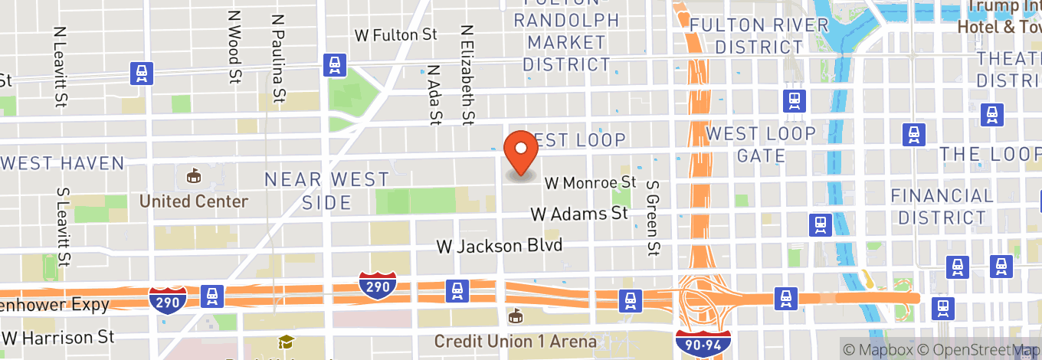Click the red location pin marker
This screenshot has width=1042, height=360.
(522, 153)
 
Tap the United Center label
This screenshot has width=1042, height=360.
(193, 201)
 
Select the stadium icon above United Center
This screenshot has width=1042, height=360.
(193, 176)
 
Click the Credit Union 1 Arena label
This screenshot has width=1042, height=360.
(516, 340)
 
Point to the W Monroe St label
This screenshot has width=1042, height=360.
(591, 183)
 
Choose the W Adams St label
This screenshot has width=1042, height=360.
(579, 214)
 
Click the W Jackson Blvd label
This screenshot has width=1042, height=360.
(500, 246)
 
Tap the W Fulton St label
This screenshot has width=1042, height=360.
(395, 35)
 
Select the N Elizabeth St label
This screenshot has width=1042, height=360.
(467, 74)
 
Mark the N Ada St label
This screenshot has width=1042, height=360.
(435, 93)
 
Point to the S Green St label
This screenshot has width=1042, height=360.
(653, 218)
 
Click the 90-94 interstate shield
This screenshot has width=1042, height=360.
(703, 342)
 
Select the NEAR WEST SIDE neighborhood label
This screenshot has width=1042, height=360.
(326, 191)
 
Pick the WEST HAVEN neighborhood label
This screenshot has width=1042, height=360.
(63, 163)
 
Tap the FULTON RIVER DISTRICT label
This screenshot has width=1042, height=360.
(759, 36)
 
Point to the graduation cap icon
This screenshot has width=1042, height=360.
(286, 342)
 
